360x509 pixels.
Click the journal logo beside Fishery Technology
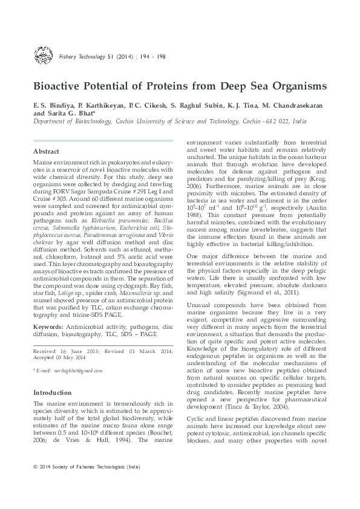point(44,57)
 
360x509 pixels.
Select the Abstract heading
point(46,151)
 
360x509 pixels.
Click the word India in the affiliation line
point(299,121)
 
